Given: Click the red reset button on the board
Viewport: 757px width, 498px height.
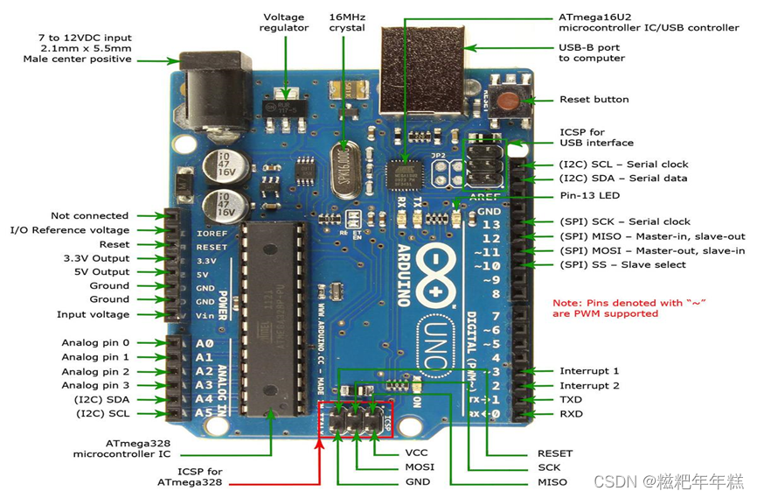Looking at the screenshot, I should tap(506, 100).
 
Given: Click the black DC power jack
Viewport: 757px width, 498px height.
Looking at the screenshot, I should tap(204, 93).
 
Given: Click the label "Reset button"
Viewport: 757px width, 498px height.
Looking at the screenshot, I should tap(594, 100).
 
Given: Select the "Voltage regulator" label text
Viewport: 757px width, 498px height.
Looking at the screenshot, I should tap(286, 22).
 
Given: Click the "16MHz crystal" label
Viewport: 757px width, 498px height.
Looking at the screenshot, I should tap(347, 22).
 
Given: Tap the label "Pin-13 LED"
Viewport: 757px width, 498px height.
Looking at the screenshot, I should tap(590, 195).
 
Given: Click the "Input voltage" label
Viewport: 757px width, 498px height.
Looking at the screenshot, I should tap(93, 314).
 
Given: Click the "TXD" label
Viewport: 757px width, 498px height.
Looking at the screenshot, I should tap(571, 399).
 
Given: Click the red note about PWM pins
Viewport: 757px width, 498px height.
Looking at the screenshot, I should tap(629, 308).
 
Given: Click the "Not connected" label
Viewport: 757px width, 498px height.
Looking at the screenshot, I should tap(89, 215).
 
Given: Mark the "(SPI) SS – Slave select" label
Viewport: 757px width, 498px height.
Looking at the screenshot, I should tap(622, 264).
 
